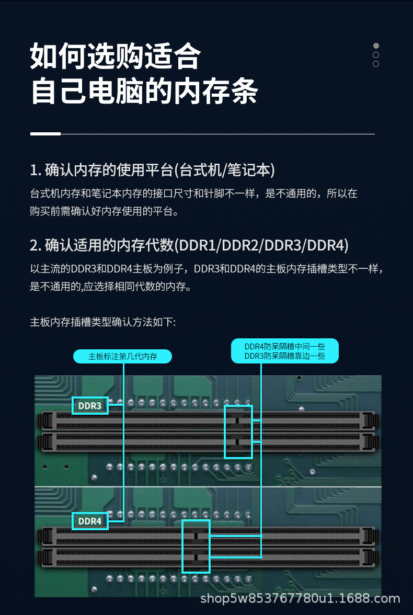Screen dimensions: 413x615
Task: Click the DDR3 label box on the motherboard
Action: (x=90, y=405)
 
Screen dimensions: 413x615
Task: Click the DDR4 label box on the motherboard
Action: (x=90, y=521)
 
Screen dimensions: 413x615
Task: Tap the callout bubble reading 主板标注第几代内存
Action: (x=122, y=356)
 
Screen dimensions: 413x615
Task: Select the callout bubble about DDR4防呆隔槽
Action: (x=285, y=351)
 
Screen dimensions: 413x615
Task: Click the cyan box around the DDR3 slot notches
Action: (x=238, y=431)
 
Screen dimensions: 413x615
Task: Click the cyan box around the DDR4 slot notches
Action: (x=196, y=546)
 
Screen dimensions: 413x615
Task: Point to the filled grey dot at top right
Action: (x=376, y=46)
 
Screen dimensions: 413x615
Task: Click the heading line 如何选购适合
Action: (x=116, y=56)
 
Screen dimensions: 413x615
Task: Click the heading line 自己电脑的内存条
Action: (x=144, y=91)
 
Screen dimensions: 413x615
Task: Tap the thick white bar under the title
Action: (x=45, y=134)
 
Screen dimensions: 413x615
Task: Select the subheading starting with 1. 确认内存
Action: (x=152, y=170)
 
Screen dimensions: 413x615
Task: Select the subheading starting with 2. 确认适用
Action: (x=189, y=245)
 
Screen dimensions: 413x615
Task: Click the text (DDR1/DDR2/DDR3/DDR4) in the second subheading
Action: (x=261, y=245)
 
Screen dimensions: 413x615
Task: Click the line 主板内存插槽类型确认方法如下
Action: (x=103, y=322)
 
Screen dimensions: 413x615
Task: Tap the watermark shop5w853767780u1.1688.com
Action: (x=300, y=598)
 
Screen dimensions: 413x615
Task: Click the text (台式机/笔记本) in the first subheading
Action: (x=224, y=170)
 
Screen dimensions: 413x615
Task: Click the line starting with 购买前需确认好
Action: (x=105, y=211)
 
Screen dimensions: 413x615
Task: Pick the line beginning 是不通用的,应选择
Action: (x=110, y=287)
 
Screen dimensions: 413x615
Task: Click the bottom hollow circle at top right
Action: (x=376, y=64)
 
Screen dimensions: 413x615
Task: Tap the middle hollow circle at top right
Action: (x=376, y=55)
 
